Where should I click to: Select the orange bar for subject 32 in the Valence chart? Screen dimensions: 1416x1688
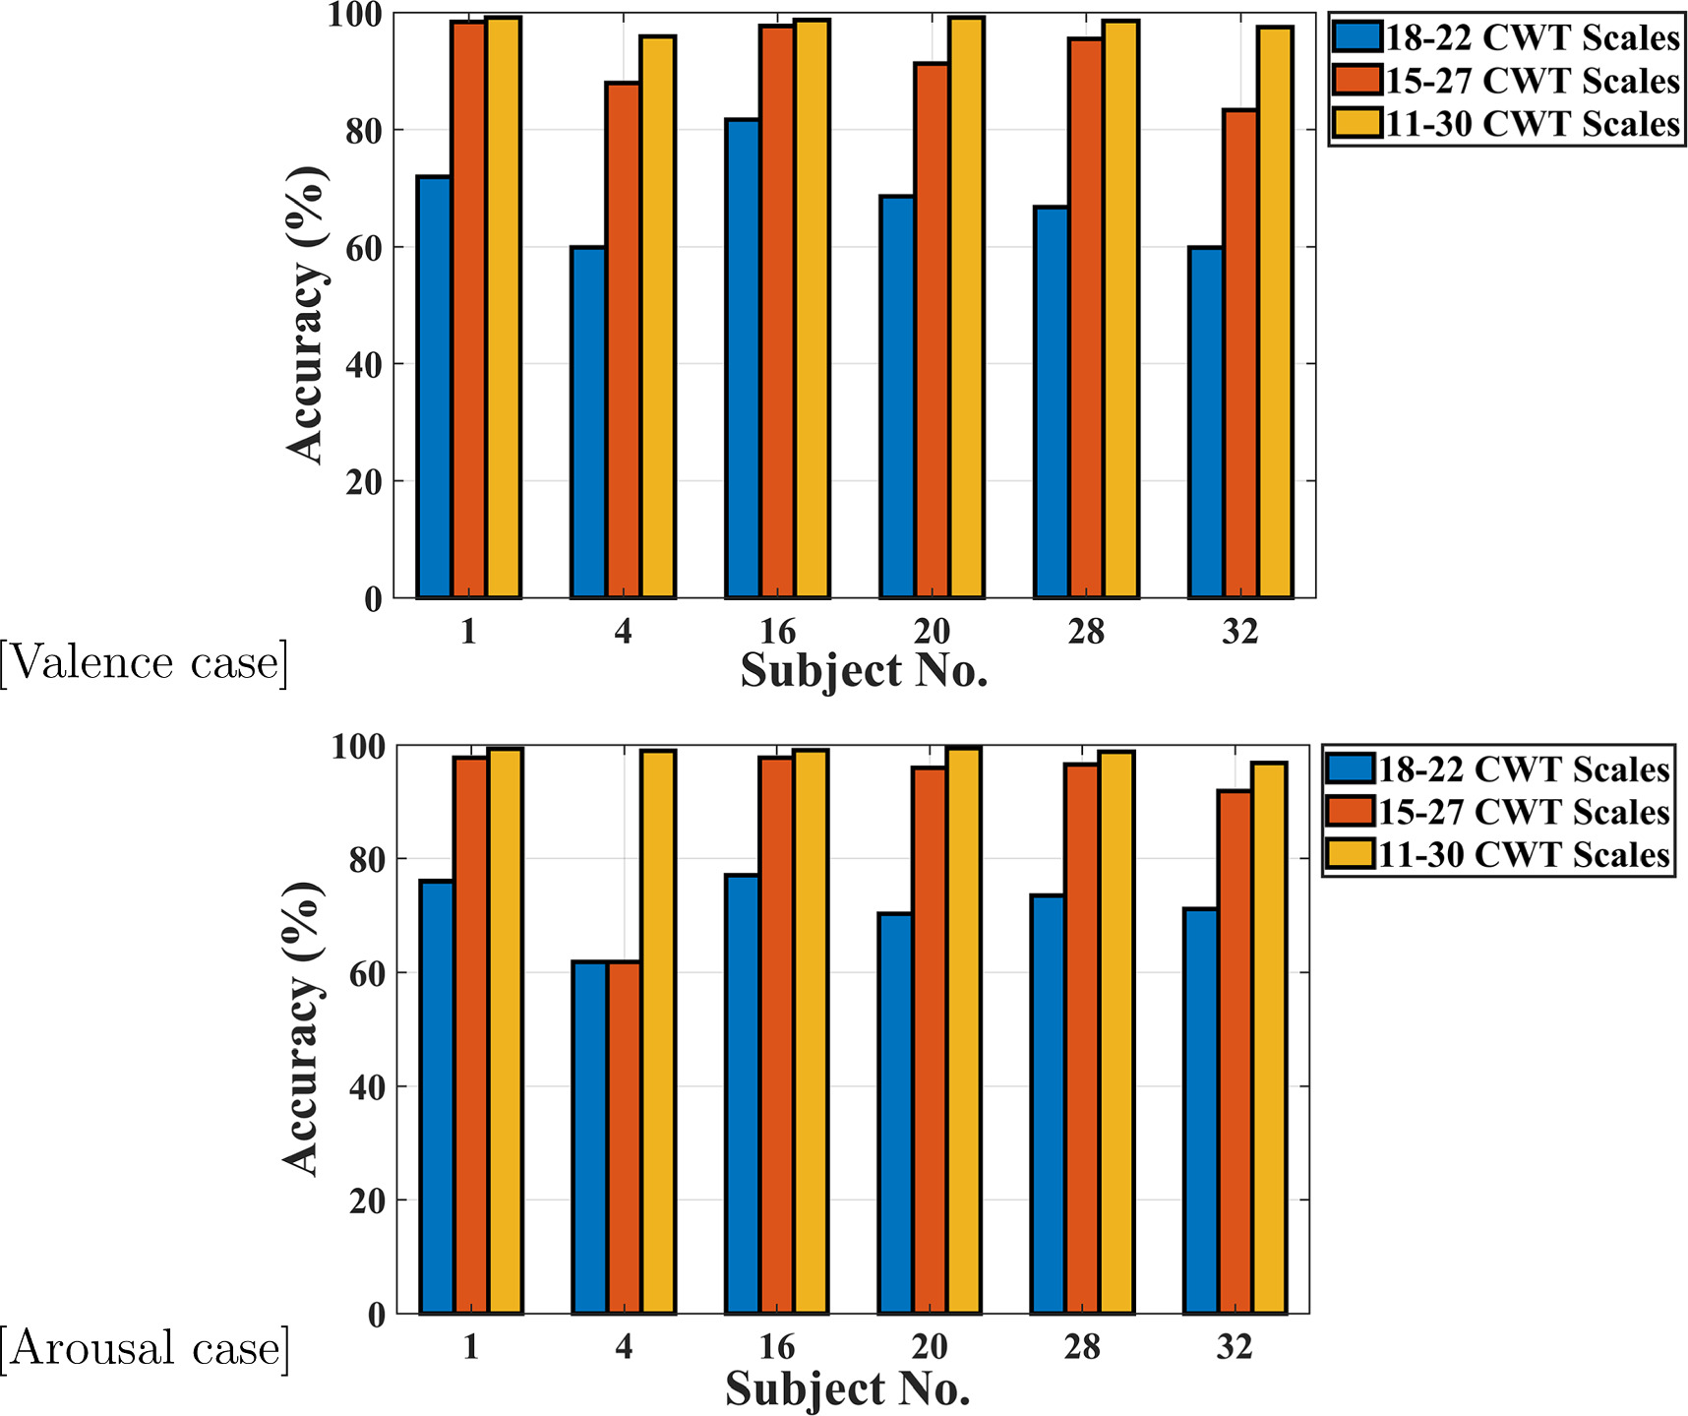tap(1239, 353)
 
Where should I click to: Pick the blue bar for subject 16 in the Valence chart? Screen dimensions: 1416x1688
tap(743, 358)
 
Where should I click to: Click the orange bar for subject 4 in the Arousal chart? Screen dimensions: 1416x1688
tap(624, 1138)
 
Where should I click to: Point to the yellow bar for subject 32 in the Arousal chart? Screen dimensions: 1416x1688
tap(1268, 1038)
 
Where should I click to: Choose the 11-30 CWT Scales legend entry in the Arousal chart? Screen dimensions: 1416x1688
tap(1498, 854)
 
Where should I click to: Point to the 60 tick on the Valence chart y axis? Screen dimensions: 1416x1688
tap(363, 248)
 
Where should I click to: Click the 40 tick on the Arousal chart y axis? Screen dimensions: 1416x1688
tap(367, 1087)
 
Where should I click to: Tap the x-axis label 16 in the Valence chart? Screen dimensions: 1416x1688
tap(777, 632)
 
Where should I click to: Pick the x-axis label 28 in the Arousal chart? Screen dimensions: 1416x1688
tap(1081, 1346)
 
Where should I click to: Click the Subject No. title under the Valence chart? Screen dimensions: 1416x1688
tap(864, 671)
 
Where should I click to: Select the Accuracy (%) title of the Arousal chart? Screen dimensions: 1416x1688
tap(302, 1028)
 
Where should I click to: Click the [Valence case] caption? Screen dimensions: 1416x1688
tap(145, 662)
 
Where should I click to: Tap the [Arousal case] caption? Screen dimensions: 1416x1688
tap(146, 1347)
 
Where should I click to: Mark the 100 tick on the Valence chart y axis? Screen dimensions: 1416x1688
tap(355, 16)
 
